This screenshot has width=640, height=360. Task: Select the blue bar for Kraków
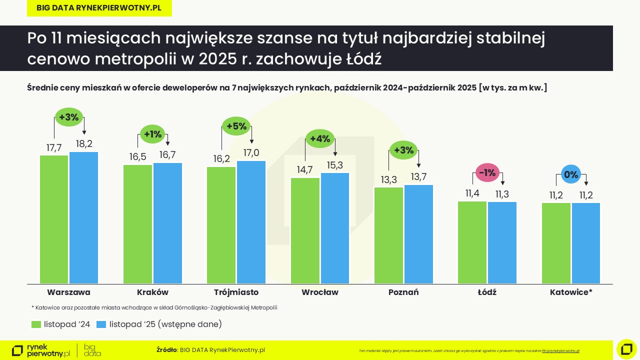click(x=167, y=223)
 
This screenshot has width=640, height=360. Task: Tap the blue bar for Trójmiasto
click(x=251, y=222)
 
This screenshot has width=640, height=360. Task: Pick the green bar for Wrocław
click(x=305, y=230)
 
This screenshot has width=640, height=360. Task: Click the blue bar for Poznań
click(x=418, y=234)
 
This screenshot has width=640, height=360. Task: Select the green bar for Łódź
click(x=472, y=242)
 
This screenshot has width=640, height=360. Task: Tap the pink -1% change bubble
click(x=487, y=173)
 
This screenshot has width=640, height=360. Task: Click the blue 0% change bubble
click(x=571, y=175)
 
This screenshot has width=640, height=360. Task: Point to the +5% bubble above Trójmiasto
click(x=236, y=126)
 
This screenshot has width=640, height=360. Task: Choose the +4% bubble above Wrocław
click(x=320, y=139)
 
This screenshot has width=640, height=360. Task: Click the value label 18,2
click(x=83, y=144)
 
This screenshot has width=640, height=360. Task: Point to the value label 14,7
click(x=304, y=170)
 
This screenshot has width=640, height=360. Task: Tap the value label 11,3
click(x=502, y=194)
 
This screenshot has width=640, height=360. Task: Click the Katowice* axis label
click(x=570, y=292)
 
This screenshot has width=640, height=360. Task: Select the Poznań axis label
click(x=403, y=292)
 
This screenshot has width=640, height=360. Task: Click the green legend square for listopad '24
click(x=36, y=324)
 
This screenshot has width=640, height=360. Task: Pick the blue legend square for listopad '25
click(x=101, y=324)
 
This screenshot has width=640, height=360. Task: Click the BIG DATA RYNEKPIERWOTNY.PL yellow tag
click(x=99, y=8)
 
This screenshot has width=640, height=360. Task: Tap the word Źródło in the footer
click(x=166, y=350)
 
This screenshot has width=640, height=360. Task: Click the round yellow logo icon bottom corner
click(x=626, y=349)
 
